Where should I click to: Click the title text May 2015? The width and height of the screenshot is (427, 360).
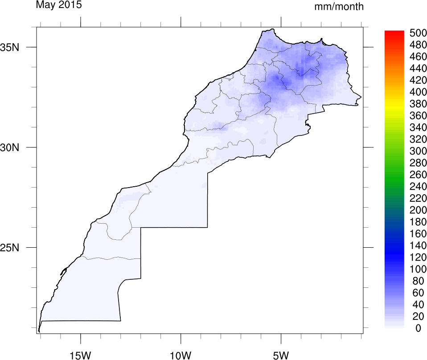[58, 5]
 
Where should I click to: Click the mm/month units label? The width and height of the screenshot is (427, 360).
[339, 7]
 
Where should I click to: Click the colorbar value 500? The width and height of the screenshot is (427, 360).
[418, 34]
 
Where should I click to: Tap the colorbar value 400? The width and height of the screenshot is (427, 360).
[418, 92]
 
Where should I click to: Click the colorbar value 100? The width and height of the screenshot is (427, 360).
[418, 269]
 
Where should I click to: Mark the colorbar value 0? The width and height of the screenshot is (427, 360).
[418, 328]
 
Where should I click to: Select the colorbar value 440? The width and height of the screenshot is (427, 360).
[418, 69]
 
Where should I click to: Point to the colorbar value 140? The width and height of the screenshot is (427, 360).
[418, 245]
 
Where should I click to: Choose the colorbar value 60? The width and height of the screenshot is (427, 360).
[418, 293]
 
